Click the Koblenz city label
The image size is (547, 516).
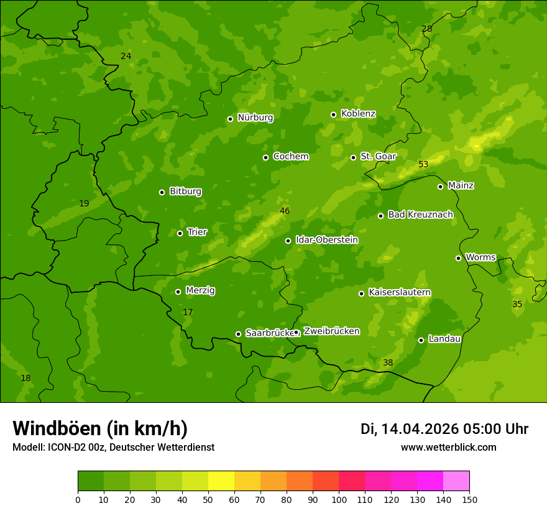(358, 114)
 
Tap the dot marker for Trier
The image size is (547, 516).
(180, 234)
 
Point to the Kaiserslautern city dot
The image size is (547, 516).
(361, 293)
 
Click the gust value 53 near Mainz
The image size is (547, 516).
(423, 165)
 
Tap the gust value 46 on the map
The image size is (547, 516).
(285, 211)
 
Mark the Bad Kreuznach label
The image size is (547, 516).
(420, 214)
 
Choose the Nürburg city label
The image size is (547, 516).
(255, 117)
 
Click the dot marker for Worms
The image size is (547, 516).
(458, 258)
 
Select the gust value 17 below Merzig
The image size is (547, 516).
(188, 312)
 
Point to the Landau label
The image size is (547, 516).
(444, 339)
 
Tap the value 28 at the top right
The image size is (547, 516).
(426, 29)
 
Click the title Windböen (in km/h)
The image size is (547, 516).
(100, 428)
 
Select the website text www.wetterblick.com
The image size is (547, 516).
(448, 448)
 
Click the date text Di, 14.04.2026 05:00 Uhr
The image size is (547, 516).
(444, 429)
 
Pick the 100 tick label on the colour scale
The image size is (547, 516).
(339, 499)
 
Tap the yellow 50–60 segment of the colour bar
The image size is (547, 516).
(221, 481)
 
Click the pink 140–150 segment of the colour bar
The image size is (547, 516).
(456, 481)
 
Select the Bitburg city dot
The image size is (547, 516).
(162, 192)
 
